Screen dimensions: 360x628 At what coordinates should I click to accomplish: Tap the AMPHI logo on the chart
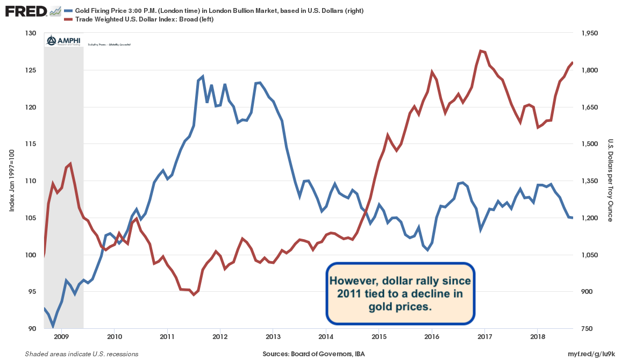[x=63, y=41]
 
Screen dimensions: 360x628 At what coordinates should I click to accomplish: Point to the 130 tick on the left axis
[x=31, y=33]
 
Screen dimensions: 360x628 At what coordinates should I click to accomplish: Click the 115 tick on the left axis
[x=31, y=144]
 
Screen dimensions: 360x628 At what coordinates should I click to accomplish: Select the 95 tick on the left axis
[x=31, y=292]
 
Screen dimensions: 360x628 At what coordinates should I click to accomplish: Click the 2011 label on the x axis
[x=167, y=337]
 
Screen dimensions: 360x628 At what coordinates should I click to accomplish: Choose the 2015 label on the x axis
[x=379, y=337]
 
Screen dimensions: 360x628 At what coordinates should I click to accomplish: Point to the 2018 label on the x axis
[x=538, y=337]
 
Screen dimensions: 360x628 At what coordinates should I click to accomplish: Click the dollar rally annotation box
[x=401, y=294]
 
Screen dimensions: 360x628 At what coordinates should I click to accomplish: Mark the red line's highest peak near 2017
[x=480, y=51]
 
